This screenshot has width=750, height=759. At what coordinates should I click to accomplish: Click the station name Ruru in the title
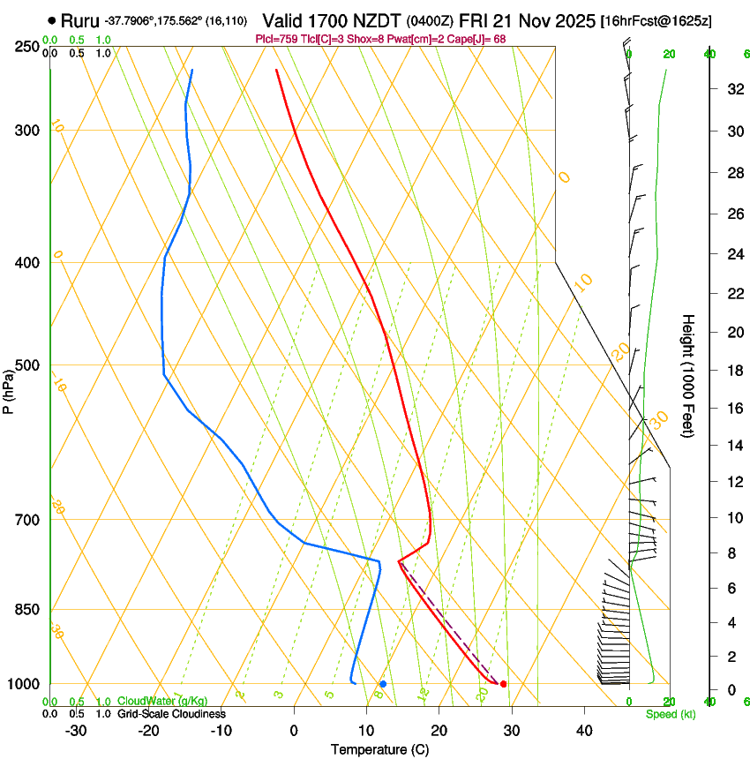pos(79,19)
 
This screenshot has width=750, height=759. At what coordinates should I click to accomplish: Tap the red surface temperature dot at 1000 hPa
pos(503,684)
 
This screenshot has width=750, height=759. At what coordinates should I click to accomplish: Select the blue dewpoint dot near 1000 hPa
pos(383,684)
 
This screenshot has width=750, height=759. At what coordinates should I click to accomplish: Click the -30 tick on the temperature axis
pos(76,731)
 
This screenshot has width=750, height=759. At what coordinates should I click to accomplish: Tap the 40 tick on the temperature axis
pos(583,731)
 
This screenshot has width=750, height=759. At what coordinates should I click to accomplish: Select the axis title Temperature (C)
pos(379,749)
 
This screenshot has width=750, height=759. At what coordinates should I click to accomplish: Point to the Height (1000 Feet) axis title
pos(688,375)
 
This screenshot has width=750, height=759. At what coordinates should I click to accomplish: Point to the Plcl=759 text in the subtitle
pos(275,39)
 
